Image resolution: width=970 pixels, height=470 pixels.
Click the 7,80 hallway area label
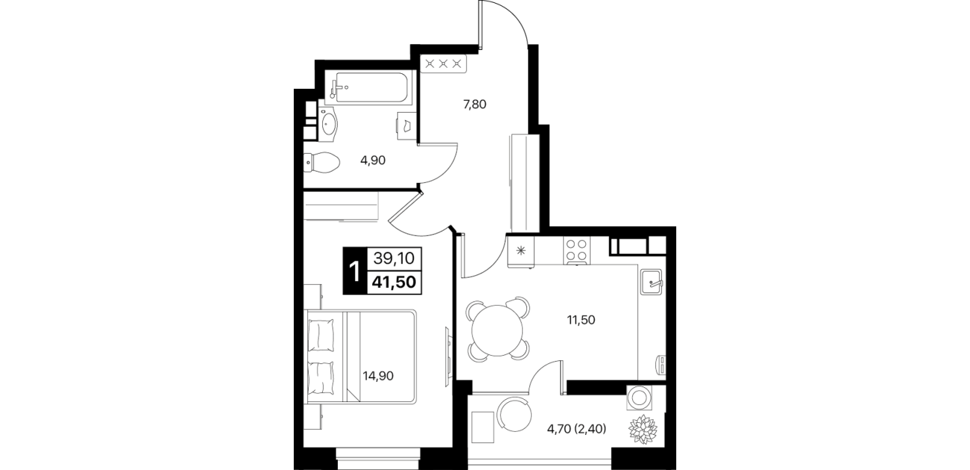click(x=475, y=104)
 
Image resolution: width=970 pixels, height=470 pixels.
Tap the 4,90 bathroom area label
click(x=373, y=160)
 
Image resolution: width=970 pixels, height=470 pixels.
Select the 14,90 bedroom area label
click(x=378, y=375)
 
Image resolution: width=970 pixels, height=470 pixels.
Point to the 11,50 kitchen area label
click(x=581, y=320)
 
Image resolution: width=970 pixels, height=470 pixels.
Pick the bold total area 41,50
click(x=394, y=283)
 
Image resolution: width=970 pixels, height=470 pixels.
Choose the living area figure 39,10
click(x=394, y=259)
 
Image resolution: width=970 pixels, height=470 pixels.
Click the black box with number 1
click(x=355, y=271)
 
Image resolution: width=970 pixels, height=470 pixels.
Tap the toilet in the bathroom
click(x=321, y=163)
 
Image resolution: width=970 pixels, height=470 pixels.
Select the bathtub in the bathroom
click(x=371, y=88)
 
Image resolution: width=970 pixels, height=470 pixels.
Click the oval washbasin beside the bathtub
click(x=329, y=123)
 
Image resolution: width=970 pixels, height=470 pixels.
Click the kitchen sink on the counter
click(x=652, y=281)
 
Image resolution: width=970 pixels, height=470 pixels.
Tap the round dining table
click(x=497, y=330)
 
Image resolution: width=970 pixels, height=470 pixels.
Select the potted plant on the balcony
click(x=643, y=429)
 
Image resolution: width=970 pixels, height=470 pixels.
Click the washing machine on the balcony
click(x=640, y=397)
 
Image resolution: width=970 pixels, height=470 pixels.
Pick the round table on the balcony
click(x=514, y=414)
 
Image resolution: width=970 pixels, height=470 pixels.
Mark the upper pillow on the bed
click(x=321, y=335)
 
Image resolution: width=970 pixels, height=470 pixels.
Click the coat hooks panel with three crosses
click(x=444, y=64)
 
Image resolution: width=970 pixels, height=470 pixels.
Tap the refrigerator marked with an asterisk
click(x=521, y=250)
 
